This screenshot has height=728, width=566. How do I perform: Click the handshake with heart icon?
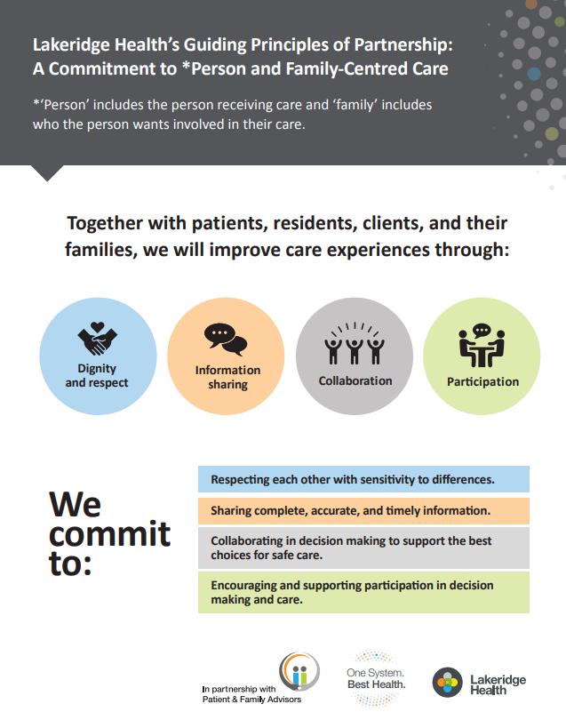(97, 339)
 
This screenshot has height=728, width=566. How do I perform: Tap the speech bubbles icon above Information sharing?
(226, 340)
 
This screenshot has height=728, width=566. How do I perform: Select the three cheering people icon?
(355, 343)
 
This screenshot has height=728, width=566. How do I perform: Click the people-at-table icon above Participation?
(482, 346)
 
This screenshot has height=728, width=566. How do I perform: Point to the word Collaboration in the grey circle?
(355, 380)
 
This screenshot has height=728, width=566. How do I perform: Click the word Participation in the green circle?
(483, 381)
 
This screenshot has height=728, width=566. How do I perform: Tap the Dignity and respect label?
(97, 375)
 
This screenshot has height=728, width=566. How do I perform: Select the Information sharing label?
(227, 377)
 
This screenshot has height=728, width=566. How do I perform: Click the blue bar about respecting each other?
(363, 479)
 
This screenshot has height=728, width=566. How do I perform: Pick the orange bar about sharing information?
(363, 511)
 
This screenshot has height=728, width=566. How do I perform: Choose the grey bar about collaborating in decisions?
(363, 548)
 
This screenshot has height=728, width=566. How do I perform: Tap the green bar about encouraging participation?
(363, 592)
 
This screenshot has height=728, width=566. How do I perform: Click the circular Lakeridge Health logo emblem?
(448, 683)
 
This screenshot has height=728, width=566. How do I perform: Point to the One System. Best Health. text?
(376, 678)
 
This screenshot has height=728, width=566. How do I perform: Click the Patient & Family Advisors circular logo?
(299, 671)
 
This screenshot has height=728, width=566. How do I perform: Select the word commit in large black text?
(109, 534)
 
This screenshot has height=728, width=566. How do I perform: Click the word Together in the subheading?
(105, 224)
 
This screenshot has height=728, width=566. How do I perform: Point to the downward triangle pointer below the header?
(47, 172)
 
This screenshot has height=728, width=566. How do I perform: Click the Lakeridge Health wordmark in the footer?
(498, 684)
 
